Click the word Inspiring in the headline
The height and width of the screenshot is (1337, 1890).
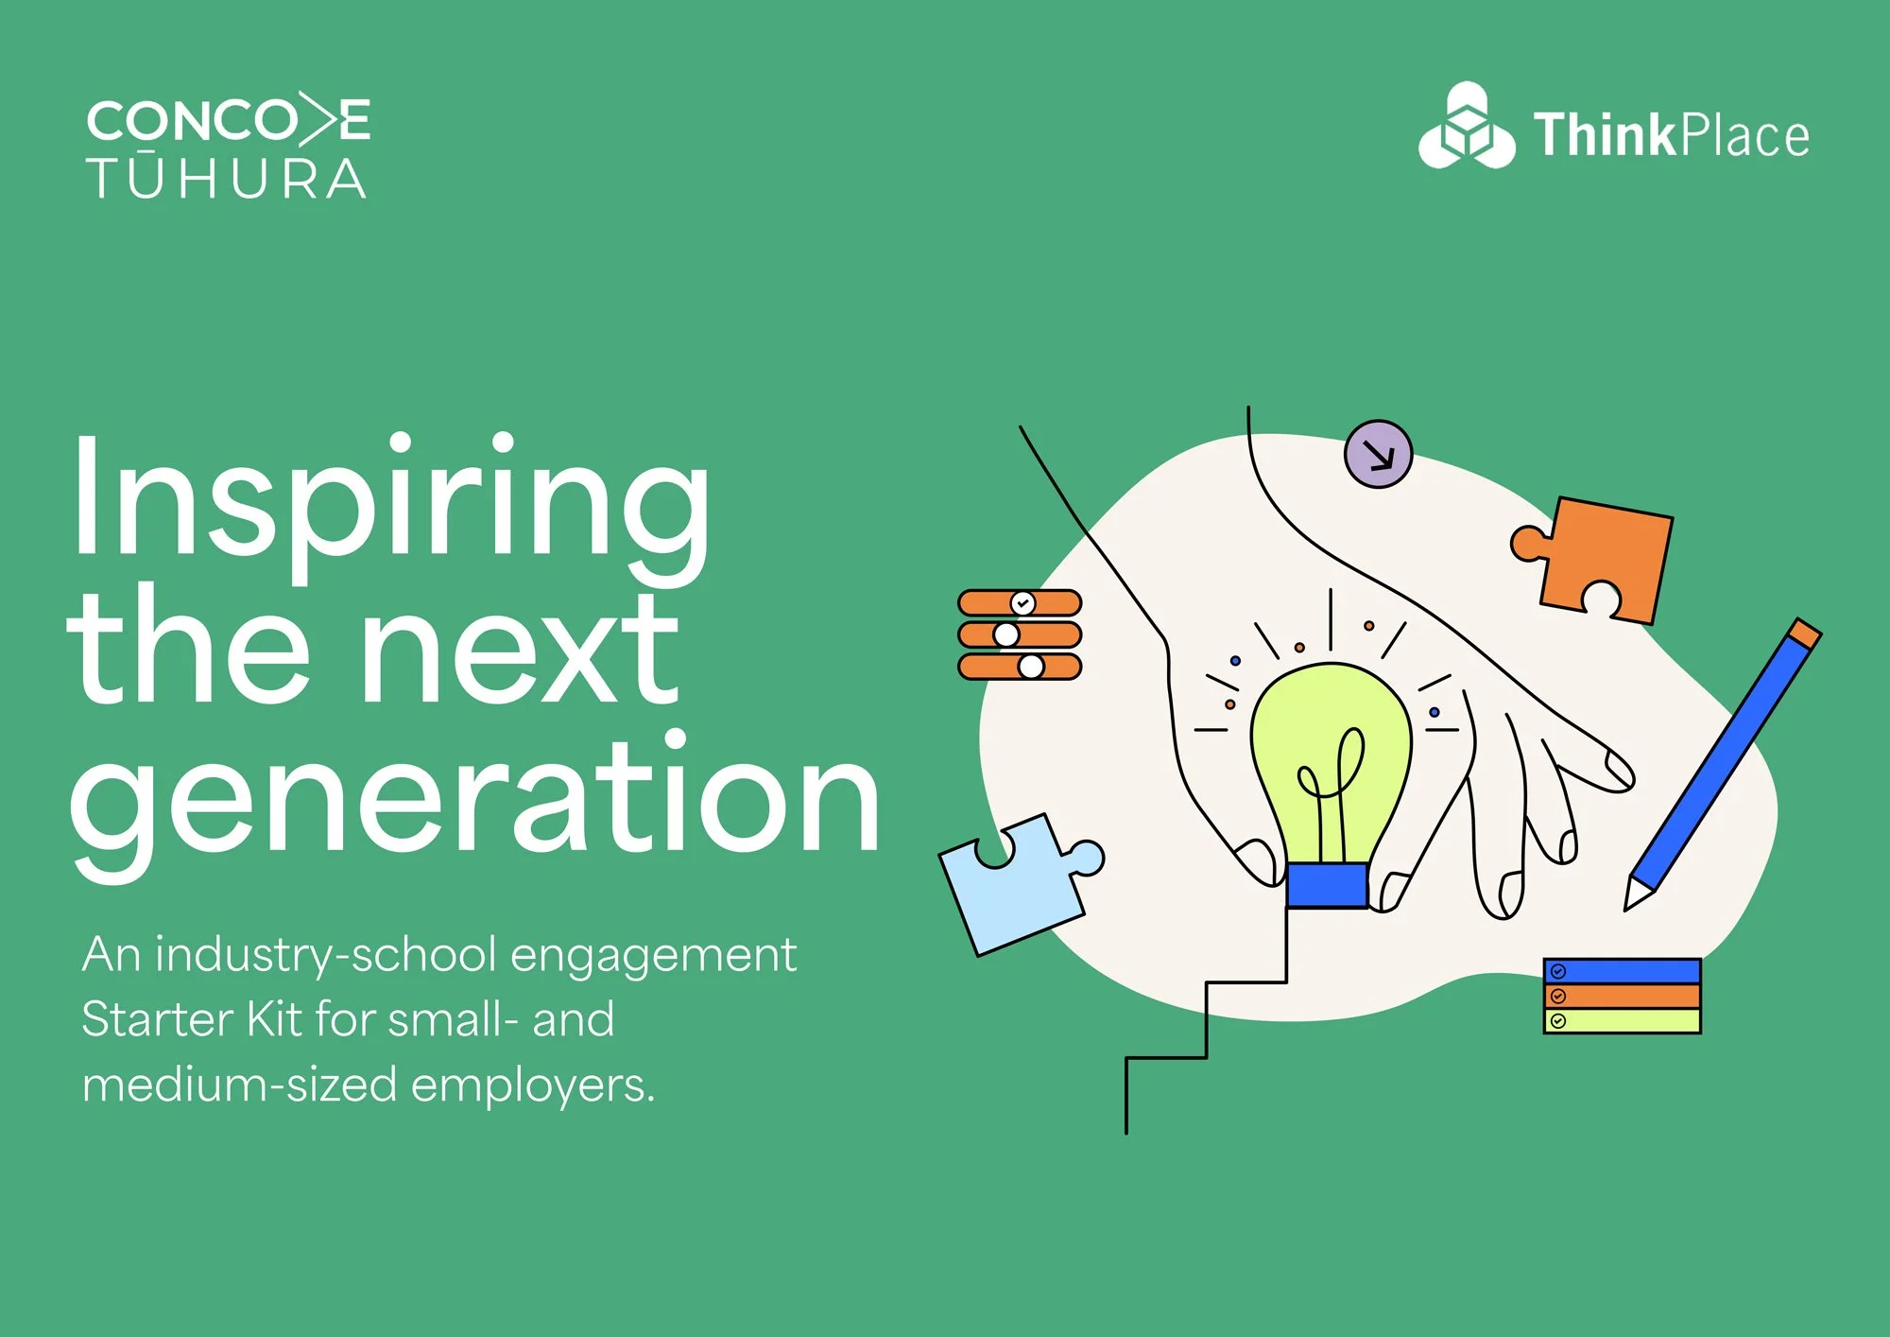(x=387, y=501)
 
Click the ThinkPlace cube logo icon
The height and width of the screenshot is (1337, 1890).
(x=1466, y=129)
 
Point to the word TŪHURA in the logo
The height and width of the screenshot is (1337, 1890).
(x=227, y=179)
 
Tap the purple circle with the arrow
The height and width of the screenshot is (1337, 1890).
(x=1378, y=454)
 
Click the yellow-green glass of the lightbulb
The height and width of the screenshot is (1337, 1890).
(x=1330, y=738)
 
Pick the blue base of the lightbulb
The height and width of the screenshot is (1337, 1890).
(x=1327, y=886)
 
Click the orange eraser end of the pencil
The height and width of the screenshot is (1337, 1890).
(x=1805, y=634)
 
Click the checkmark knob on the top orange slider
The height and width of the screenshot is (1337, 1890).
(x=1022, y=602)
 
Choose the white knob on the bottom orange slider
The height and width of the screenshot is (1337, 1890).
(x=1031, y=667)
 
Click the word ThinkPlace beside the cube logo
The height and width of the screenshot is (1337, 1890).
(x=1671, y=135)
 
